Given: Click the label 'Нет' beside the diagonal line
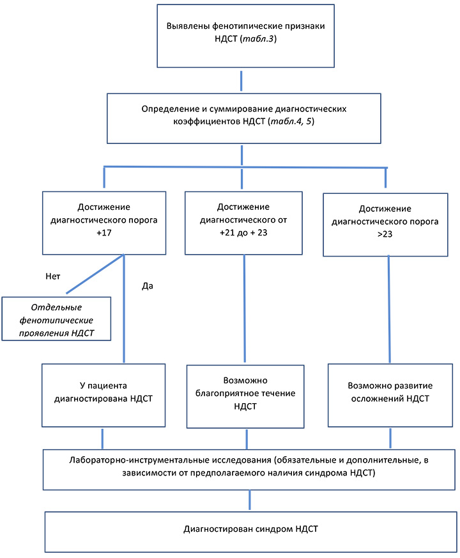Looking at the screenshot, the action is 53,276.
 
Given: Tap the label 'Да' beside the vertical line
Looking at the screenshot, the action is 148,286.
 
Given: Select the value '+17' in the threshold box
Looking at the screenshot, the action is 104,233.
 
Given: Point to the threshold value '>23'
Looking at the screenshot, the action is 385,234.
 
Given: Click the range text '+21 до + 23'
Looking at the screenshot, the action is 243,233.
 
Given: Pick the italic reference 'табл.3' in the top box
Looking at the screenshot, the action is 259,38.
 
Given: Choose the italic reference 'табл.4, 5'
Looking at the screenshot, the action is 291,122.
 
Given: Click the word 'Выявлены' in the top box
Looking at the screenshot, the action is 188,26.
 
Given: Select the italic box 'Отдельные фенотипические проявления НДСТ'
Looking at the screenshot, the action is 56,319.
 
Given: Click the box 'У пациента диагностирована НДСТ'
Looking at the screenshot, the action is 103,395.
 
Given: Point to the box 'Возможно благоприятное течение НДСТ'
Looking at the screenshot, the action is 245,397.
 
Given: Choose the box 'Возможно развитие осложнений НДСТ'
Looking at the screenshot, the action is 390,395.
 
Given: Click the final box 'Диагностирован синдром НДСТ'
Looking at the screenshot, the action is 251,532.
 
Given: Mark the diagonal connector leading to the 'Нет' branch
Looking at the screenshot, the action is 95,274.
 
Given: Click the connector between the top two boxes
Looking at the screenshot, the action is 241,81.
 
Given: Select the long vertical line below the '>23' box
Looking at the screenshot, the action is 389,309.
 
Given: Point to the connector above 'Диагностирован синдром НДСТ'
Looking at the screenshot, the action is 250,500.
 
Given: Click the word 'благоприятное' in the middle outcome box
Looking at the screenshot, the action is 245,394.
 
